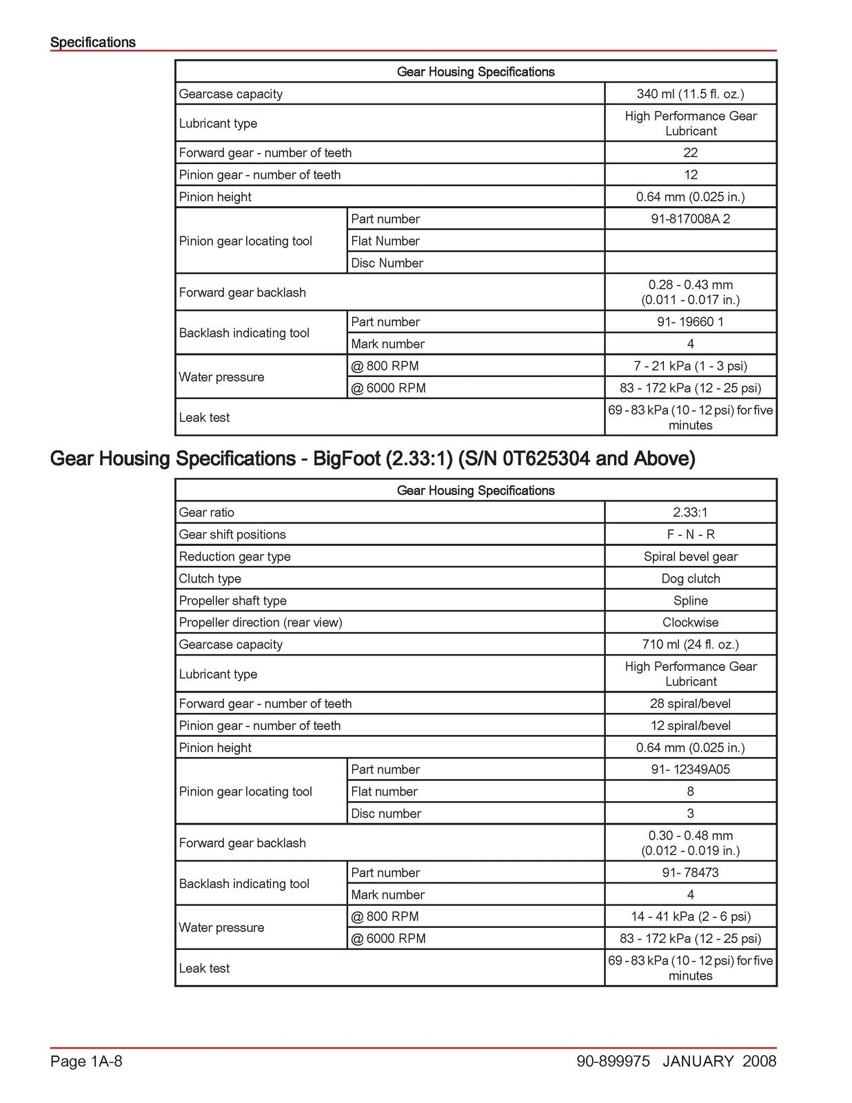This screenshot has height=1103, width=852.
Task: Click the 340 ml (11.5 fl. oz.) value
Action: tap(690, 94)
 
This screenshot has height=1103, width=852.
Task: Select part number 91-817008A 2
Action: tap(690, 219)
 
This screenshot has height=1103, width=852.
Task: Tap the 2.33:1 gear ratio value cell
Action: tap(690, 512)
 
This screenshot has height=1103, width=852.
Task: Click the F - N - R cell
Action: tap(690, 534)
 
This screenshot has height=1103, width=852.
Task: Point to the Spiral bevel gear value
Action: tap(690, 556)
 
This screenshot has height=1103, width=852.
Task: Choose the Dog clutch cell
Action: tap(690, 578)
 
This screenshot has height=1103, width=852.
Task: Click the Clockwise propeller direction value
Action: tap(690, 623)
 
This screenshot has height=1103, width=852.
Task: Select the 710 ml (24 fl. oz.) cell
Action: tap(690, 645)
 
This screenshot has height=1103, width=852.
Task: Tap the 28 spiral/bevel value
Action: tap(690, 703)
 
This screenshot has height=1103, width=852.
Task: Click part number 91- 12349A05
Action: tap(690, 769)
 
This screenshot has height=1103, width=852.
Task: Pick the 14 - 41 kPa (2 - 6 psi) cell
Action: tap(690, 916)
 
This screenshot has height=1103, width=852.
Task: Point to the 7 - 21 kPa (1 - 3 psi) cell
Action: tap(690, 366)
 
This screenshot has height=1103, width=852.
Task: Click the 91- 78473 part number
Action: tap(690, 872)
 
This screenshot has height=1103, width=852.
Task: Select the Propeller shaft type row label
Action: tap(232, 600)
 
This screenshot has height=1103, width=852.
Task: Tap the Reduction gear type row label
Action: tap(234, 556)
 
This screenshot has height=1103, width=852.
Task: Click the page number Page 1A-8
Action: tap(86, 1061)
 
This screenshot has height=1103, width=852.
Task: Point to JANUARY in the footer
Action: tap(698, 1061)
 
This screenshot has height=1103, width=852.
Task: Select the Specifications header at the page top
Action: tap(93, 42)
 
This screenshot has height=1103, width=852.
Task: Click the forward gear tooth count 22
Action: tap(690, 152)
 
